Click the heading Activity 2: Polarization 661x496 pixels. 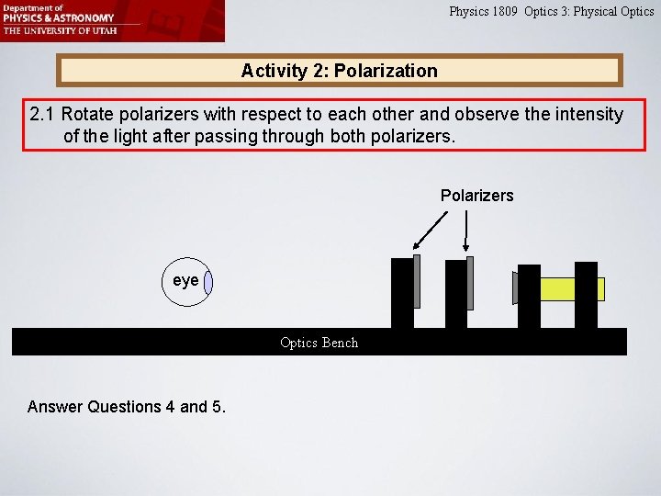[339, 71]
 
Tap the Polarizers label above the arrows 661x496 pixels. [476, 196]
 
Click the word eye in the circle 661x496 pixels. [185, 280]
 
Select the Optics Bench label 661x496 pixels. [319, 343]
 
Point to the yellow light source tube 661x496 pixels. [572, 289]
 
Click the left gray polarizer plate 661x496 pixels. [417, 281]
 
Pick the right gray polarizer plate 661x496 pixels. [470, 282]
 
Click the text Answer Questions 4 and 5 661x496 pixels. [127, 406]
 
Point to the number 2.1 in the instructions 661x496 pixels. [43, 115]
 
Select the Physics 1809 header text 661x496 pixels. [484, 12]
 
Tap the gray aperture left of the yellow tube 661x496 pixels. [515, 287]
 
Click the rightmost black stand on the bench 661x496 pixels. [586, 294]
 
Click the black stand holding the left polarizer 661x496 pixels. [402, 294]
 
